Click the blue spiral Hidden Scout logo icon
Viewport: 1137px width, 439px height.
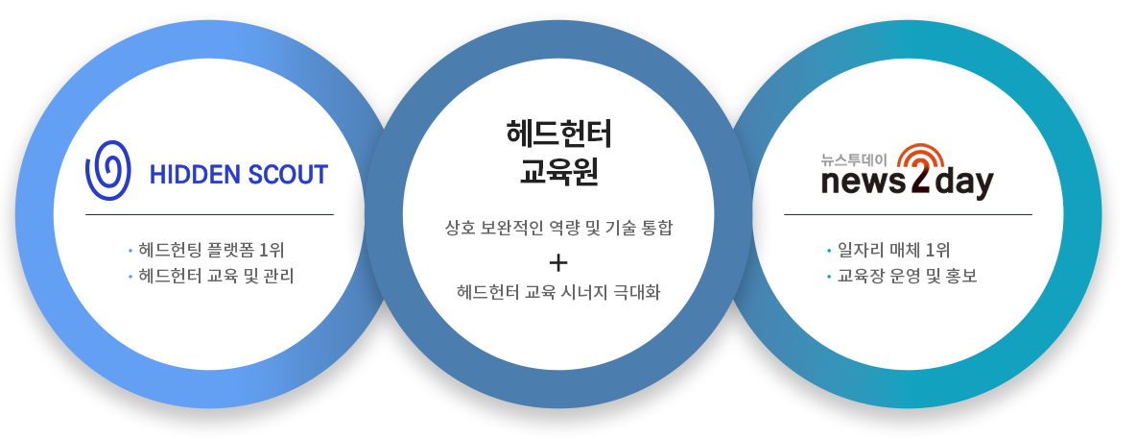(108, 171)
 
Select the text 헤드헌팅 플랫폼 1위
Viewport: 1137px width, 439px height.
(211, 251)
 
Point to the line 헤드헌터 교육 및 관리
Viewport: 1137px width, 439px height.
(216, 277)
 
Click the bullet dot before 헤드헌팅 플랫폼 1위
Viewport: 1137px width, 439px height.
(130, 252)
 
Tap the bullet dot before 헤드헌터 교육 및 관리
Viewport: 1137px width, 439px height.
(130, 278)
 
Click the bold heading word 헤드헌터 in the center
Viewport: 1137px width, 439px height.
(558, 134)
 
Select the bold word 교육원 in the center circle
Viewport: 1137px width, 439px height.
(558, 172)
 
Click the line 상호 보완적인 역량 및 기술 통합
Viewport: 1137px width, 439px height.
(558, 229)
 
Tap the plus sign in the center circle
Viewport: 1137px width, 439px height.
(558, 262)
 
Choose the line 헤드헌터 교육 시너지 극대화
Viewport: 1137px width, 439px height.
(558, 293)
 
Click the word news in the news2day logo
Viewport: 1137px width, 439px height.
(864, 183)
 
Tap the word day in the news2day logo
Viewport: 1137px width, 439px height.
(963, 183)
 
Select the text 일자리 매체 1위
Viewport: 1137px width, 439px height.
(893, 251)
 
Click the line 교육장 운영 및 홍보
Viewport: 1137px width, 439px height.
(907, 277)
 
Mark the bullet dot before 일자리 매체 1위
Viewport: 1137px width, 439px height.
(829, 252)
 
